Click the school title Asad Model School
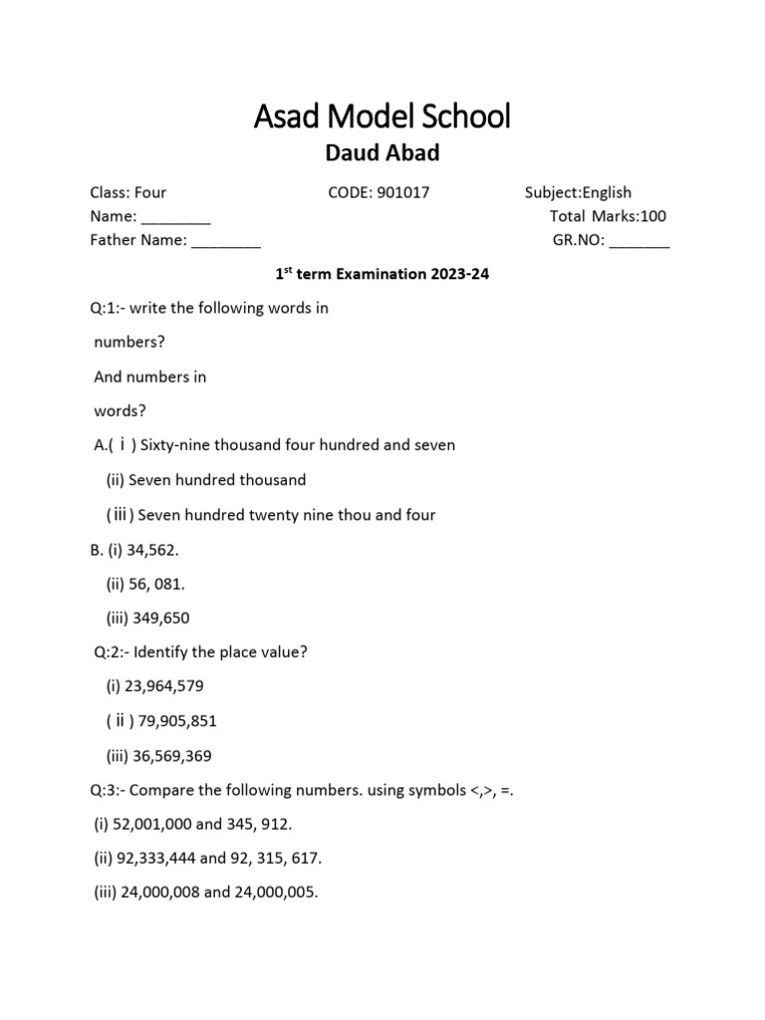tap(382, 117)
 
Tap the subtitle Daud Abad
tap(382, 154)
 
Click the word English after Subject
tap(607, 192)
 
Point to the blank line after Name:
tap(175, 217)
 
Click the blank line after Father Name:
tap(226, 241)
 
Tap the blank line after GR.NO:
tap(638, 241)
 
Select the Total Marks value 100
tap(653, 216)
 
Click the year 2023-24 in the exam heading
tap(461, 273)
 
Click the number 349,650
tap(160, 618)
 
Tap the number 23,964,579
tap(167, 686)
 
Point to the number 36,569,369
tap(171, 756)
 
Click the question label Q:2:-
tap(110, 652)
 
